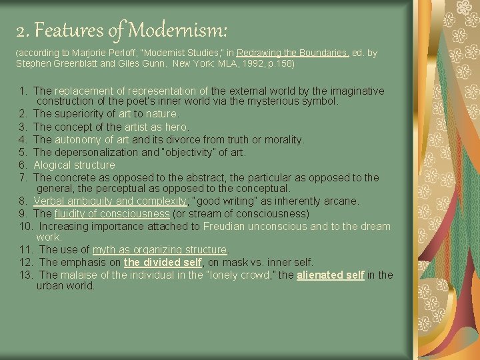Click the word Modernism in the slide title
coord(178,30)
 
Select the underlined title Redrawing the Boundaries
coord(293,53)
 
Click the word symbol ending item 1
coord(319,103)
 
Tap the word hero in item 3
coord(177,127)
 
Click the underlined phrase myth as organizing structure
coord(160,250)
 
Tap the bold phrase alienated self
coord(331,275)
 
